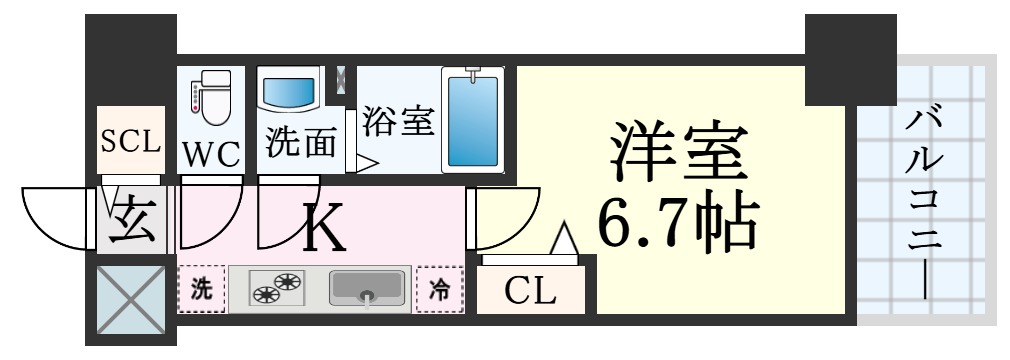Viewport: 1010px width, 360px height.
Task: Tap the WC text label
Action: [x=211, y=154]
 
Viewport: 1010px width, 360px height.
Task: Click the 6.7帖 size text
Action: [x=676, y=223]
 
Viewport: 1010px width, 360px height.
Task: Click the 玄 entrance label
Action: [x=132, y=221]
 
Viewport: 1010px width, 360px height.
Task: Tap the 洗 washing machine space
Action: [x=202, y=290]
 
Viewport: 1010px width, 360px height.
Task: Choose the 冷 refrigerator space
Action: [x=440, y=289]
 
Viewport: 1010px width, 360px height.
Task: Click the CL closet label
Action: [x=530, y=291]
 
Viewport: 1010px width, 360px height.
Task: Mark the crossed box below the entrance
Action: [x=131, y=298]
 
